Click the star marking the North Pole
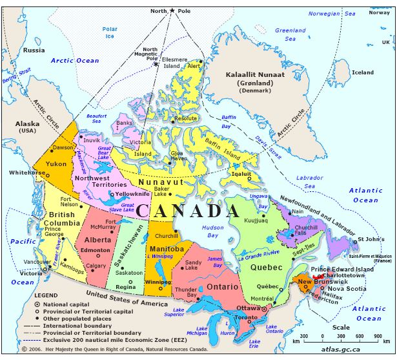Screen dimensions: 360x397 pyautogui.click(x=172, y=11)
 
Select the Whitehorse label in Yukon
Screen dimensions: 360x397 pyautogui.click(x=26, y=174)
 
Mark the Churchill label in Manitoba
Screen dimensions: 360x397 pyautogui.click(x=167, y=236)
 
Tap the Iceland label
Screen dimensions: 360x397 pyautogui.click(x=362, y=72)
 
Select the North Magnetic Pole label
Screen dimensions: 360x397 pyautogui.click(x=150, y=55)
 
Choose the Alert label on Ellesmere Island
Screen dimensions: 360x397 pyautogui.click(x=193, y=66)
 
